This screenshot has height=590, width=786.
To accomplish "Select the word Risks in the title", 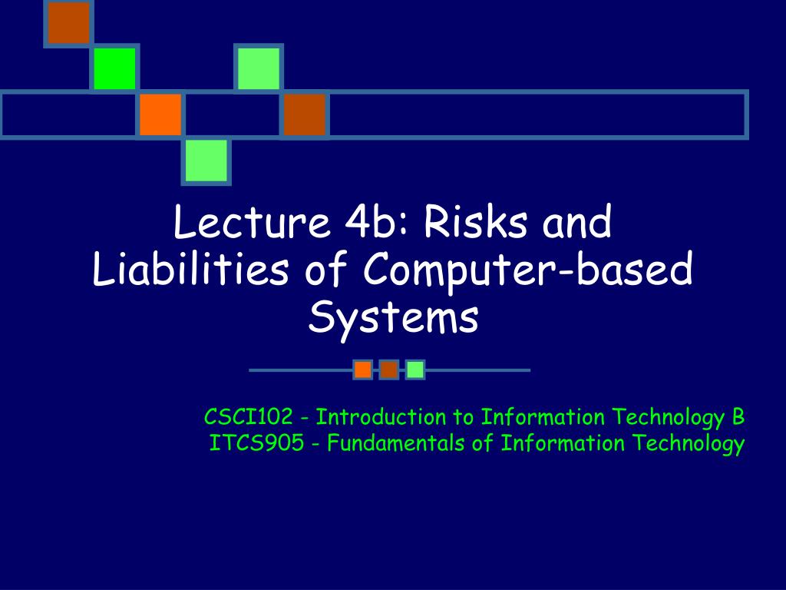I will click(x=477, y=224).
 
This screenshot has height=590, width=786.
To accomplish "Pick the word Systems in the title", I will click(x=393, y=317).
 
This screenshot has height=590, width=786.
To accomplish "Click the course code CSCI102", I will click(x=248, y=417).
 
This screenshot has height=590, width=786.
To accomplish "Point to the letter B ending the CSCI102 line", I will click(x=738, y=417).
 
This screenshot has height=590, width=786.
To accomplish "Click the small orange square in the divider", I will click(x=363, y=370).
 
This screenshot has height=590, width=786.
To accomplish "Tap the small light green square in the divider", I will click(x=415, y=370).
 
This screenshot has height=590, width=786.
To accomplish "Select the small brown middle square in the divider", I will click(x=389, y=370).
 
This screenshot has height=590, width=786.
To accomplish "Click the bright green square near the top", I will click(x=114, y=68).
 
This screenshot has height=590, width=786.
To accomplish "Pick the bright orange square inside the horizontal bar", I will click(x=160, y=114).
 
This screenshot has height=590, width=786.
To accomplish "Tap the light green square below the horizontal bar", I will click(x=206, y=161).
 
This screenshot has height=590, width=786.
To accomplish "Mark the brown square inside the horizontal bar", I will click(x=305, y=114).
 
